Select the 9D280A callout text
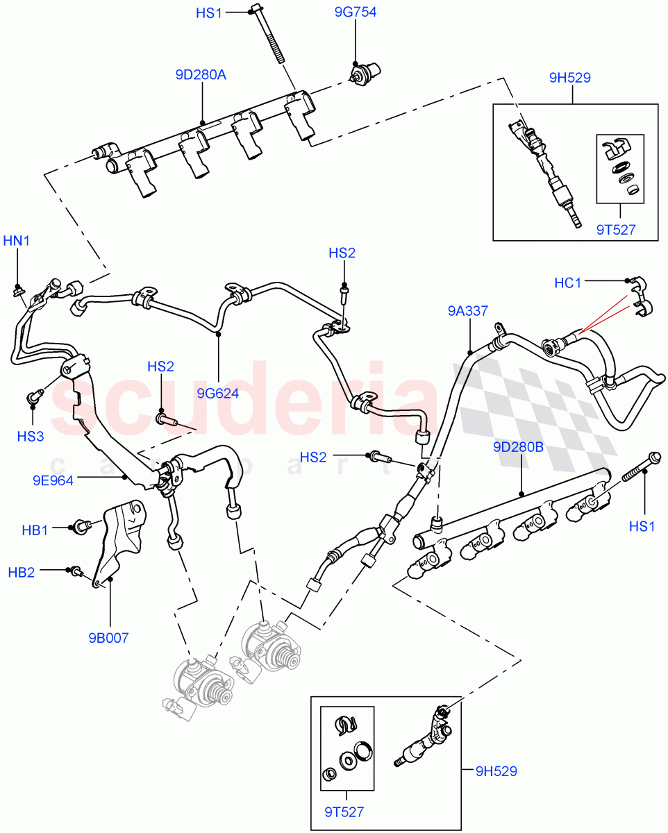(201, 74)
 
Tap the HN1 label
(17, 241)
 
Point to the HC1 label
(568, 283)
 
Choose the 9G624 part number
(217, 393)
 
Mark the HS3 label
(31, 436)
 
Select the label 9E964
(52, 479)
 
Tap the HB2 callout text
(21, 572)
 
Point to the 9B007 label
(108, 638)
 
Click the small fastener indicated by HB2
(76, 571)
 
